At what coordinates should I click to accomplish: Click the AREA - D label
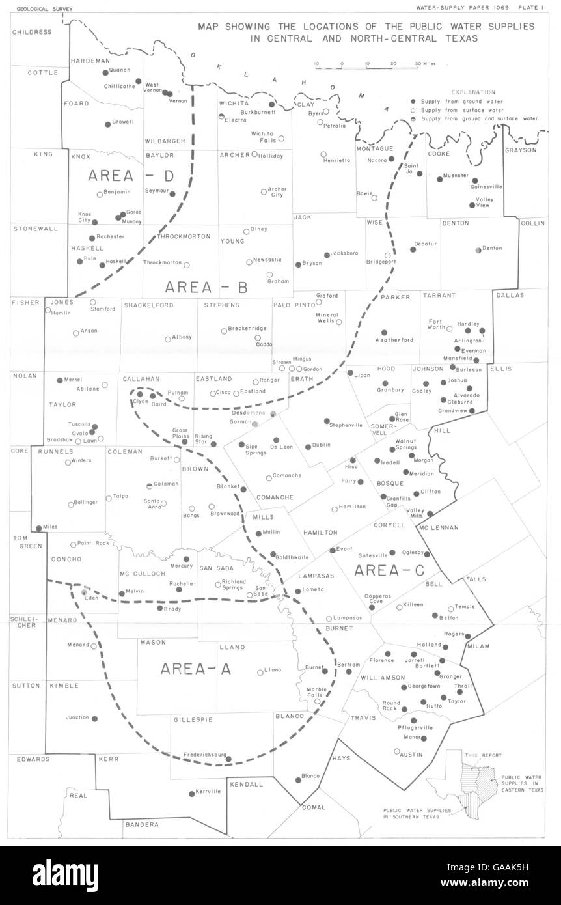click(120, 176)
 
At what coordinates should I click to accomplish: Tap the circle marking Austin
click(397, 751)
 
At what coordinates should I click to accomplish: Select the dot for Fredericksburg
click(228, 757)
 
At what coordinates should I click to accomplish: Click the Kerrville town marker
click(191, 793)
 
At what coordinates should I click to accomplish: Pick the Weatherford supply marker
click(384, 333)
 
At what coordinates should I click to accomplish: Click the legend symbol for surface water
click(413, 110)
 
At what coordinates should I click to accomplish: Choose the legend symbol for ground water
click(413, 102)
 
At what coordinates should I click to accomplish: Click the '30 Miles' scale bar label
click(426, 64)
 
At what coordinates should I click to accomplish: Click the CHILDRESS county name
click(31, 32)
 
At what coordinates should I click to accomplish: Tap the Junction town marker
click(95, 719)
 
